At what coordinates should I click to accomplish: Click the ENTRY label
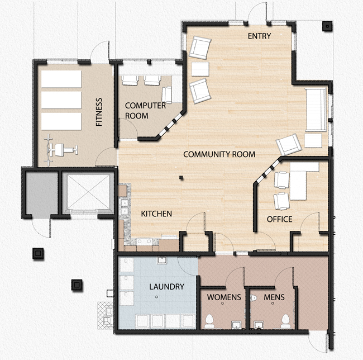point(260,36)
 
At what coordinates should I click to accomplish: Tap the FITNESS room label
point(99,112)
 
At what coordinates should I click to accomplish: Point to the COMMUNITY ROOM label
point(219,154)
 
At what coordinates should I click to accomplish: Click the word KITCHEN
point(156,214)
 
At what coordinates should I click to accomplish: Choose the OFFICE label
point(279,219)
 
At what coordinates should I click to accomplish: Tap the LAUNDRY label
point(166,287)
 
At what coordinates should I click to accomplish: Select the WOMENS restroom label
point(223,297)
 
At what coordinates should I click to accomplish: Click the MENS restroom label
point(274,297)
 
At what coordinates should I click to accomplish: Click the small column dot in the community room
point(181,178)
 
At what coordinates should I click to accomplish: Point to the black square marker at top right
point(326,26)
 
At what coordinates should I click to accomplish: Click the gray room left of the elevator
point(41,193)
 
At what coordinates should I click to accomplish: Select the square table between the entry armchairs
point(199,69)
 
